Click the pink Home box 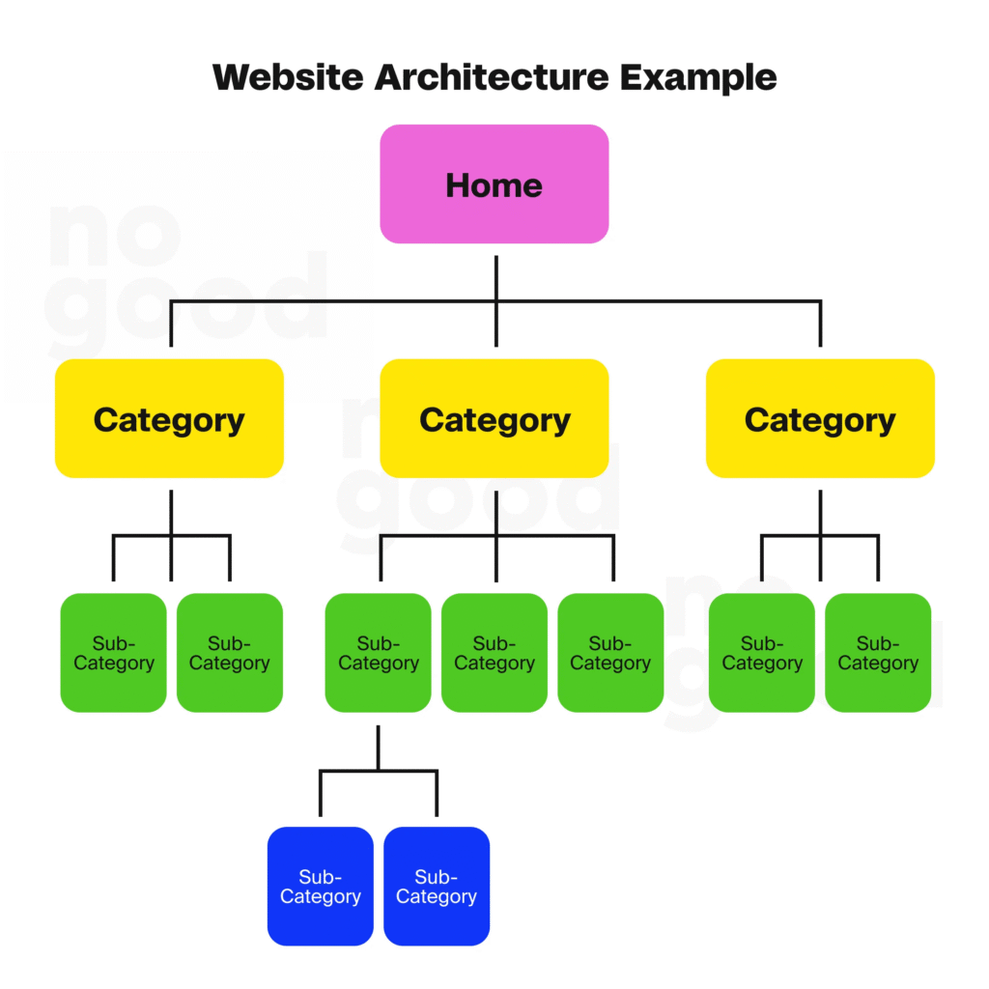(494, 184)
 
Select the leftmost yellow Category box (169, 418)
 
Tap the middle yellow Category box (494, 418)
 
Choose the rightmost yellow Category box (820, 418)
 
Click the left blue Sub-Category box (320, 886)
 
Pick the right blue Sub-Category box (437, 886)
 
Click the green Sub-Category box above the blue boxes (378, 653)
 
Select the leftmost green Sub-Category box (113, 653)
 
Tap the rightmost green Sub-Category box (878, 653)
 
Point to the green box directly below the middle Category (494, 653)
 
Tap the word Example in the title (698, 77)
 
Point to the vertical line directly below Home (495, 278)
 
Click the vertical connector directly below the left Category (171, 512)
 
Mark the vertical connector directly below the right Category (820, 512)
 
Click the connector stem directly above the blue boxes (378, 748)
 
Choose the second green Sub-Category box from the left (229, 653)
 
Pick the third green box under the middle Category (610, 653)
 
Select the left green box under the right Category (761, 653)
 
